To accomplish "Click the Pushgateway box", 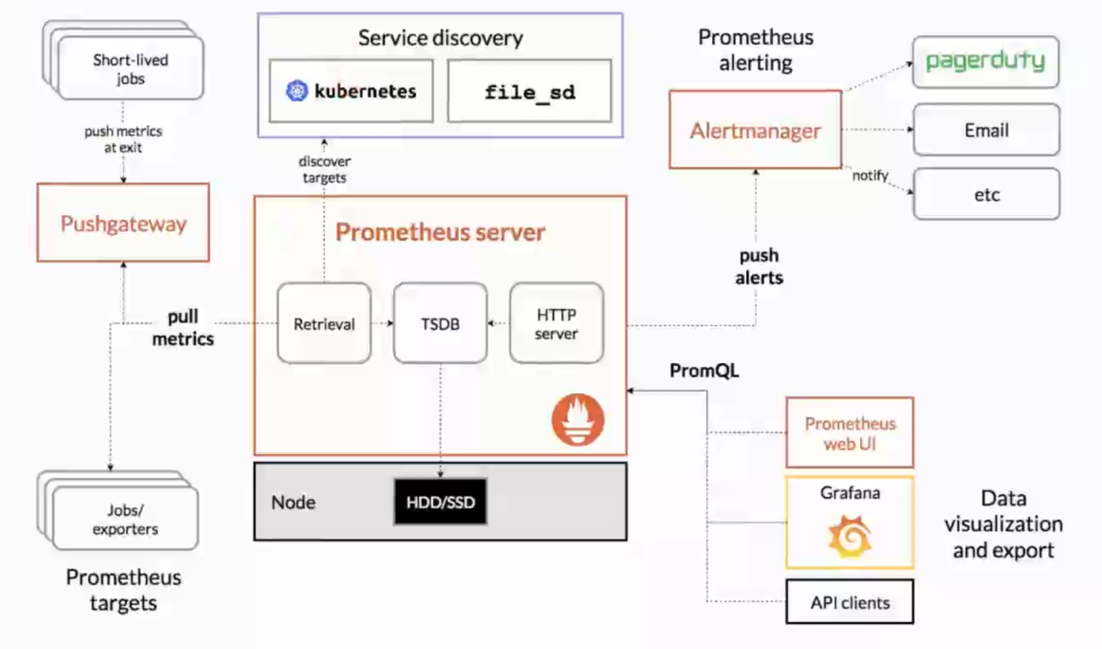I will pyautogui.click(x=123, y=223).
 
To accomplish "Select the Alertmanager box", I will pyautogui.click(x=755, y=130).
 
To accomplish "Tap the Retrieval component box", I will pyautogui.click(x=324, y=324).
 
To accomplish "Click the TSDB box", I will pyautogui.click(x=440, y=324).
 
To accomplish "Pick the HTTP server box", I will pyautogui.click(x=556, y=324).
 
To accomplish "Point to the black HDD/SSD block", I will pyautogui.click(x=440, y=502).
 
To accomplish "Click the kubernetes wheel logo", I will pyautogui.click(x=297, y=91).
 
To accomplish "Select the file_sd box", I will pyautogui.click(x=529, y=91).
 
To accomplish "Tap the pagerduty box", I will pyautogui.click(x=985, y=61).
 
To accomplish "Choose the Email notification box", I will pyautogui.click(x=986, y=130).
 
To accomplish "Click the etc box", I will pyautogui.click(x=986, y=194).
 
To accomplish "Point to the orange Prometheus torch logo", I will pyautogui.click(x=578, y=420).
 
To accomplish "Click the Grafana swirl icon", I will pyautogui.click(x=850, y=536).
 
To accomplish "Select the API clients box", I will pyautogui.click(x=850, y=602).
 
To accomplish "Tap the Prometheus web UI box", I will pyautogui.click(x=850, y=433).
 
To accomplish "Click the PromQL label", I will pyautogui.click(x=704, y=371).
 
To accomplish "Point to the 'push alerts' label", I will pyautogui.click(x=758, y=266).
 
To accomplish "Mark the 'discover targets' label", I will pyautogui.click(x=324, y=170).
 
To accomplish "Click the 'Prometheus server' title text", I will pyautogui.click(x=440, y=232).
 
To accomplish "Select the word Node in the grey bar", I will pyautogui.click(x=293, y=502).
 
